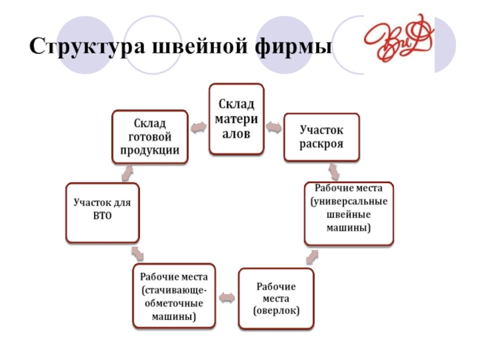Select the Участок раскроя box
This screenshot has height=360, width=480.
[x=322, y=137]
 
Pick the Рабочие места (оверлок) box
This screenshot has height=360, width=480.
[x=276, y=298]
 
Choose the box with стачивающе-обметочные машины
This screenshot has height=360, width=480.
[x=174, y=296]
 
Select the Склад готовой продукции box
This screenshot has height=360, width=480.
[x=150, y=136]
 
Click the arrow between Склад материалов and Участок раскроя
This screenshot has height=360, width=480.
[x=273, y=127]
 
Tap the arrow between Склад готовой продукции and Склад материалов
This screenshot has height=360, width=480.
[x=198, y=127]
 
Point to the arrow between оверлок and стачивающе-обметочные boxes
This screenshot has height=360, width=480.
[x=227, y=296]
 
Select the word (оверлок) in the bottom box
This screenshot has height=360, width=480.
[x=276, y=310]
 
